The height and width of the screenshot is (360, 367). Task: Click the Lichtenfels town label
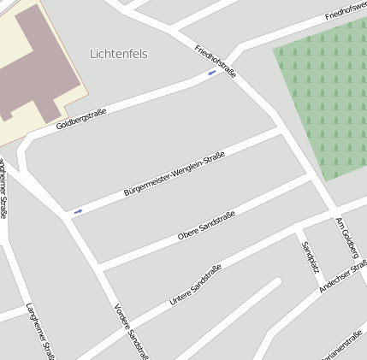pyautogui.click(x=118, y=54)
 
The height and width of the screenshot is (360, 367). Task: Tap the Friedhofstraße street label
pyautogui.click(x=215, y=61)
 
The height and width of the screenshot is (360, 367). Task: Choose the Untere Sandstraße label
pyautogui.click(x=195, y=285)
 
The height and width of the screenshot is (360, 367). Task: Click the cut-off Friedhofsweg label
pyautogui.click(x=346, y=11)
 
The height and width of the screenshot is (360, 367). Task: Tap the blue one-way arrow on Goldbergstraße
pyautogui.click(x=211, y=74)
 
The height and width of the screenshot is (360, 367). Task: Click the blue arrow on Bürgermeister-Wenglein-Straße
pyautogui.click(x=78, y=210)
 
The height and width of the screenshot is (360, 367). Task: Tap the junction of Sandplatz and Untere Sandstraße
pyautogui.click(x=297, y=229)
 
